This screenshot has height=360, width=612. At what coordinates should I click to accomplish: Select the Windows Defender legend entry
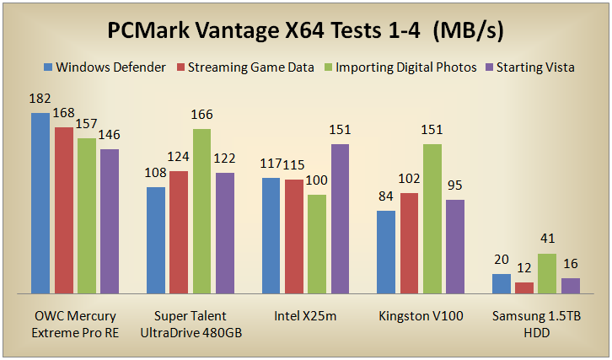click(110, 67)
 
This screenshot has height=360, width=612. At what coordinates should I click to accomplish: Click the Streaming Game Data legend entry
click(251, 67)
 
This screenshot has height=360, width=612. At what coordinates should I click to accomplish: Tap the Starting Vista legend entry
click(534, 67)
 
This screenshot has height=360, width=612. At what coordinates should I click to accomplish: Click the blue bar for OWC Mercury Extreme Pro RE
click(40, 202)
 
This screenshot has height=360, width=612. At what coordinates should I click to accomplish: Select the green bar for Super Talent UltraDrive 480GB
click(201, 211)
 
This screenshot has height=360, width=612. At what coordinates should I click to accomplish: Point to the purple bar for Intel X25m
click(340, 218)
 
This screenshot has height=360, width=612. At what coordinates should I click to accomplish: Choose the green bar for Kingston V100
click(432, 218)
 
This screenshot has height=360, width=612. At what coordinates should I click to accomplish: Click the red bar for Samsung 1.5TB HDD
click(524, 287)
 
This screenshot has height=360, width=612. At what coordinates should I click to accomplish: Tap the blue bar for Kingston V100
click(386, 251)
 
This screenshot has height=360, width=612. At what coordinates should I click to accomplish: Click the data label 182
click(40, 99)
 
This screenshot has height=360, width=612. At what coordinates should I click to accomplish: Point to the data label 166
click(201, 115)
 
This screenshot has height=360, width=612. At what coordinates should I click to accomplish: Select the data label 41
click(547, 239)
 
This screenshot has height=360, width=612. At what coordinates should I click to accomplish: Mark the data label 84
click(386, 196)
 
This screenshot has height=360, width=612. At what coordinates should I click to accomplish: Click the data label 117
click(271, 164)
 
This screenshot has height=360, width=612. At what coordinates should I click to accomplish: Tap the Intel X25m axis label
click(305, 317)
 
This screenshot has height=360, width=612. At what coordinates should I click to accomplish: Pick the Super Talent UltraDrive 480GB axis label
click(190, 325)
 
